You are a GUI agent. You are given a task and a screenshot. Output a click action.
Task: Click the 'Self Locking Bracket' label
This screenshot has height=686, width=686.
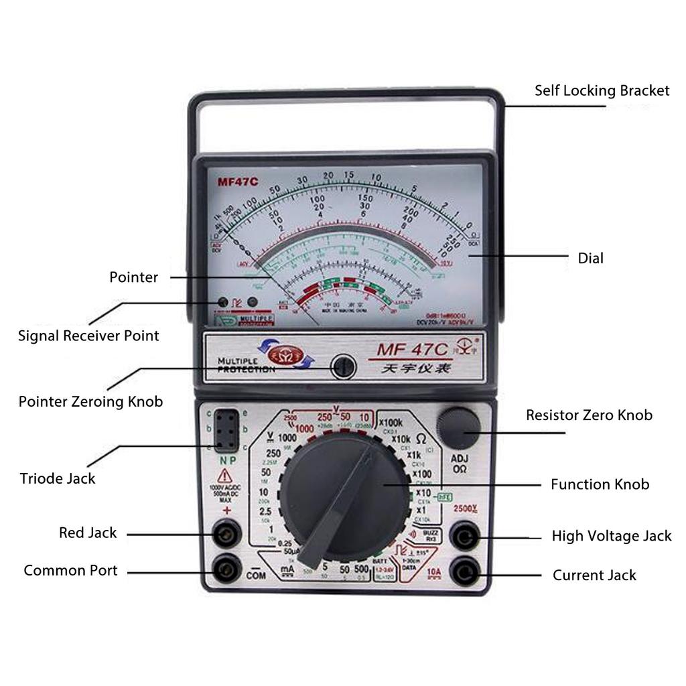602,90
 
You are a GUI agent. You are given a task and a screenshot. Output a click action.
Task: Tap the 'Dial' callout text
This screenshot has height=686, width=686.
590,258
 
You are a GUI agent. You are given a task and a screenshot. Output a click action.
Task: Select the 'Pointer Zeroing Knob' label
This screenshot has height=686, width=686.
90,402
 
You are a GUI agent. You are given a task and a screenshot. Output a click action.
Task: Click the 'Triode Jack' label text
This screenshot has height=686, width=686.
58,478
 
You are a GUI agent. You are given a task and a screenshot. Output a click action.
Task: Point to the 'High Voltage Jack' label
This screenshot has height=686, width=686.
611,536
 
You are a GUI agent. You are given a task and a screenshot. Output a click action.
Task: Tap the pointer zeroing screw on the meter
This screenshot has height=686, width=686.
344,366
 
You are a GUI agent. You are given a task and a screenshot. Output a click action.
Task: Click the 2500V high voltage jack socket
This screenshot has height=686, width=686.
464,536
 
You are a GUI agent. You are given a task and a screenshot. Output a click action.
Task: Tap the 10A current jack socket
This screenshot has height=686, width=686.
464,573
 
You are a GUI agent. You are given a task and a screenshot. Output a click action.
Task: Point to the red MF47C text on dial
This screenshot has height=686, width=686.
237,182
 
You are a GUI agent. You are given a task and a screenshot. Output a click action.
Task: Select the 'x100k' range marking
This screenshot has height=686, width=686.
391,423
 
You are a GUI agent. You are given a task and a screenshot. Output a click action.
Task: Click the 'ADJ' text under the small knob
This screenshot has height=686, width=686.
459,459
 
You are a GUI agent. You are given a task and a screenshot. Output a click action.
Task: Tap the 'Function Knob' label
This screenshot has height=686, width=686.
600,484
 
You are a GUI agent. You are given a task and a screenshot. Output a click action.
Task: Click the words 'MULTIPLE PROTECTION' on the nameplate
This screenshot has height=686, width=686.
246,365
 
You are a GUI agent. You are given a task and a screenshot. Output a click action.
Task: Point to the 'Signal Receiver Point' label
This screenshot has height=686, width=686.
88,336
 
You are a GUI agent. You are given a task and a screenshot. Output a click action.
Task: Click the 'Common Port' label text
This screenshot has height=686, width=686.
70,571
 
